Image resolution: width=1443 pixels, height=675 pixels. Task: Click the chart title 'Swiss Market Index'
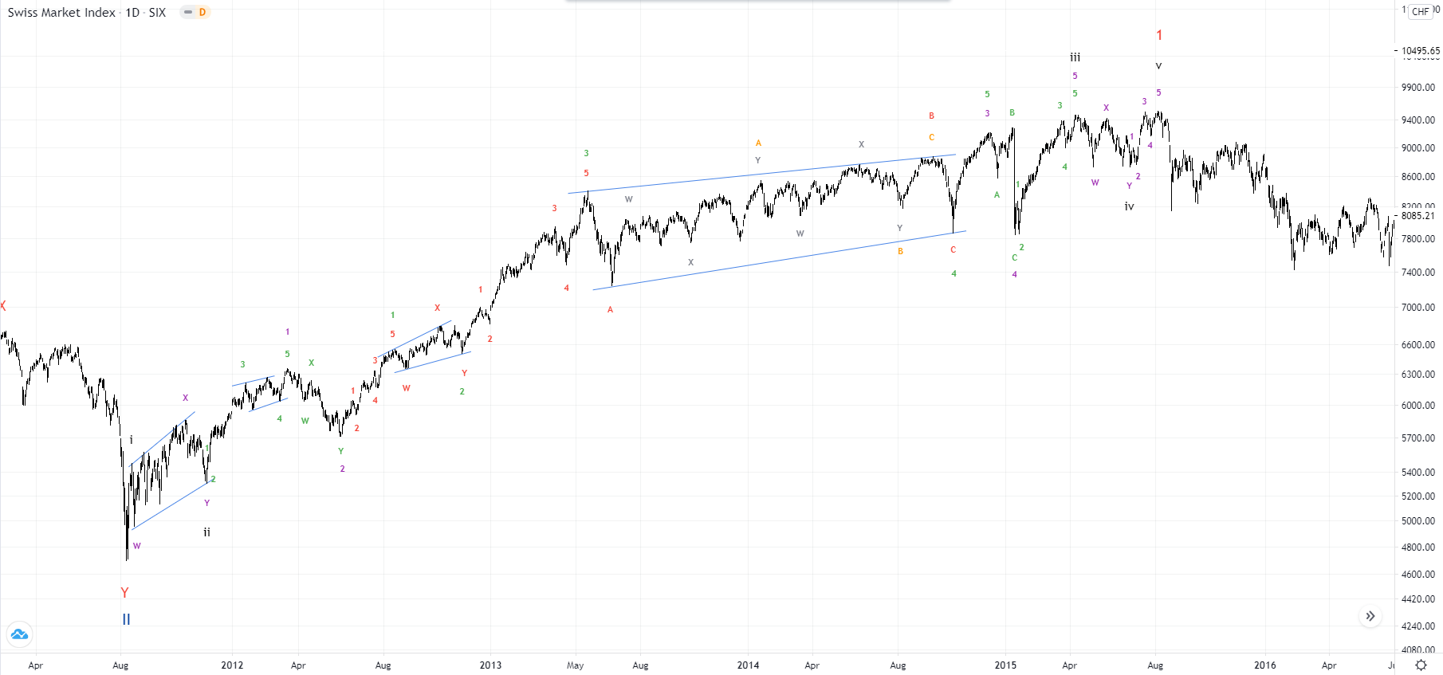pos(61,13)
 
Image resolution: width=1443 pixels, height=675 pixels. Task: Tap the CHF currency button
pos(1420,12)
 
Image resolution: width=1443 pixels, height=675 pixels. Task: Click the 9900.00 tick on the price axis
pos(1417,88)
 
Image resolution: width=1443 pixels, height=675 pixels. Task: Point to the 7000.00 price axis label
pos(1417,308)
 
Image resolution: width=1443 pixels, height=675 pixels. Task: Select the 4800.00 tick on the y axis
pos(1417,547)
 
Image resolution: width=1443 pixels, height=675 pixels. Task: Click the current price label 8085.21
pos(1417,216)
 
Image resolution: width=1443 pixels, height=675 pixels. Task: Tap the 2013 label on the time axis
pos(490,665)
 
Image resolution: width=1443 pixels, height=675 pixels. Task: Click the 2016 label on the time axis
pos(1264,665)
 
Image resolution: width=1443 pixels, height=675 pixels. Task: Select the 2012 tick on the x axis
pos(232,665)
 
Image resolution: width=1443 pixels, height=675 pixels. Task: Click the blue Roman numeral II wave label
pos(126,619)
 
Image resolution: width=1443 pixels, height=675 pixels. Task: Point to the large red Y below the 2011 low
pos(124,593)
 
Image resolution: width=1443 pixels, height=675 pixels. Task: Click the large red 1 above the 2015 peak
pos(1159,36)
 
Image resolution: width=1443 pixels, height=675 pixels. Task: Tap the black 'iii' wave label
pos(1075,57)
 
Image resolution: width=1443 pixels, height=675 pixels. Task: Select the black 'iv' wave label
pos(1129,206)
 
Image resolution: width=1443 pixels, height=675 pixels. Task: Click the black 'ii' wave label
pos(206,532)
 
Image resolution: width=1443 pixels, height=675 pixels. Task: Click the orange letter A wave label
pos(758,143)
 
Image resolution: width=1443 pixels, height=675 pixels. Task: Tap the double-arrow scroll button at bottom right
pos(1370,616)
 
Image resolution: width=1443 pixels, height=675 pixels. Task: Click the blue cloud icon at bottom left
pos(19,634)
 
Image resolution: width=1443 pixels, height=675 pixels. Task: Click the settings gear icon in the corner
pos(1421,665)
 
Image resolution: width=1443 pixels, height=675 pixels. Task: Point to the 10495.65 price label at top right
pos(1420,51)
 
